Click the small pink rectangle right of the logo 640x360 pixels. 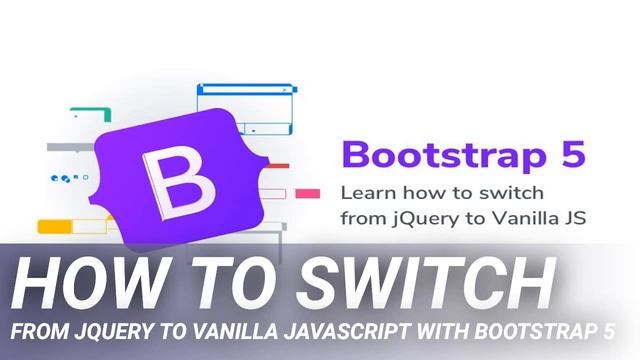[308, 194]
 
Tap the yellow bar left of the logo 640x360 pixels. [57, 226]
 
